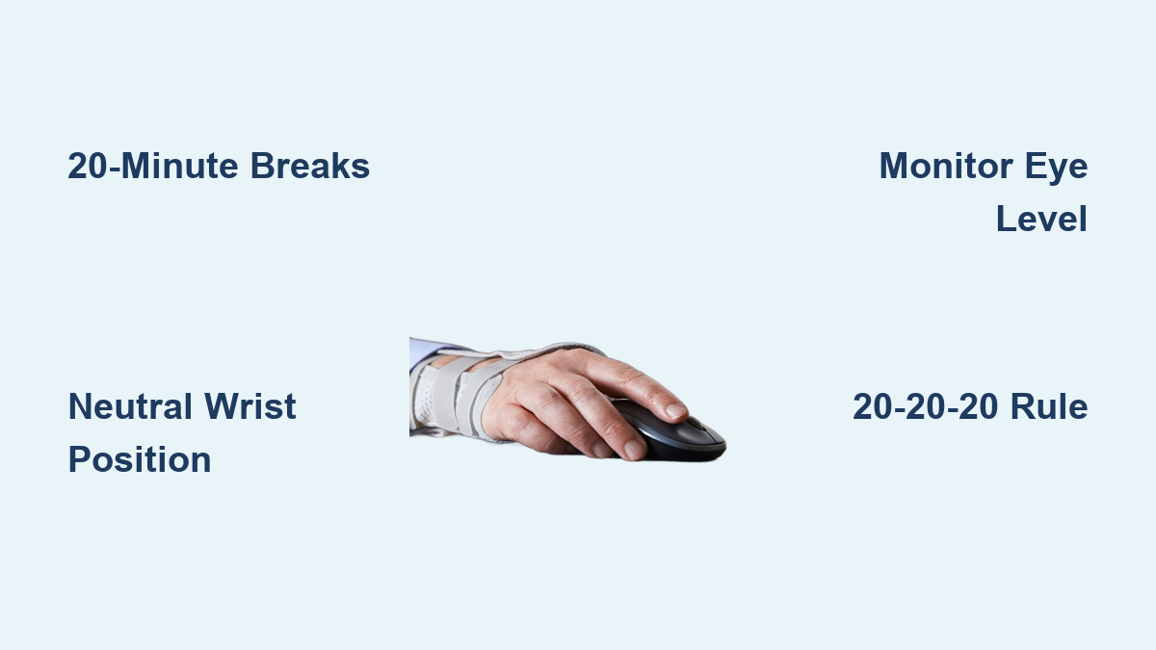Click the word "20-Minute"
click(x=153, y=166)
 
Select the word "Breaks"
click(x=310, y=166)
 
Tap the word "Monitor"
click(x=945, y=166)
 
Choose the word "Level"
click(x=1041, y=219)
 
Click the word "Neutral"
click(x=130, y=406)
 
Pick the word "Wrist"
click(x=250, y=406)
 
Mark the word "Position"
click(x=140, y=459)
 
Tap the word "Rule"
click(x=1049, y=406)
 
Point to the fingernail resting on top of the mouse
click(x=675, y=410)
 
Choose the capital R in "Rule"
click(x=1023, y=406)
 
